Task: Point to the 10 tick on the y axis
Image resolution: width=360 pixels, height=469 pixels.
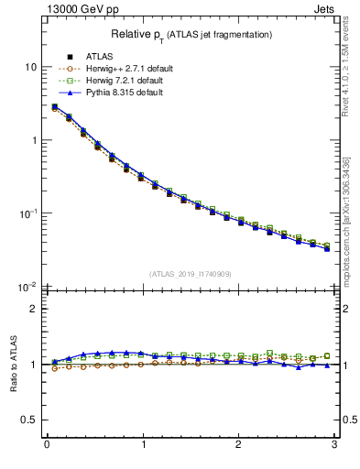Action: click(31, 67)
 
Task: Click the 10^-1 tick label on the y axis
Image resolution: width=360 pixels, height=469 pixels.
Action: click(28, 213)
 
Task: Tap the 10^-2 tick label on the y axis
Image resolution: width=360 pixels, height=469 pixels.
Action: click(28, 286)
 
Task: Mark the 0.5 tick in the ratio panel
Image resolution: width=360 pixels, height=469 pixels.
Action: click(30, 420)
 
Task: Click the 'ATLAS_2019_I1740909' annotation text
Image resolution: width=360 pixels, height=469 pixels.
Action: click(191, 274)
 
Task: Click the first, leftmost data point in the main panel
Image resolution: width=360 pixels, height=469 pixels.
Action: click(55, 107)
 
